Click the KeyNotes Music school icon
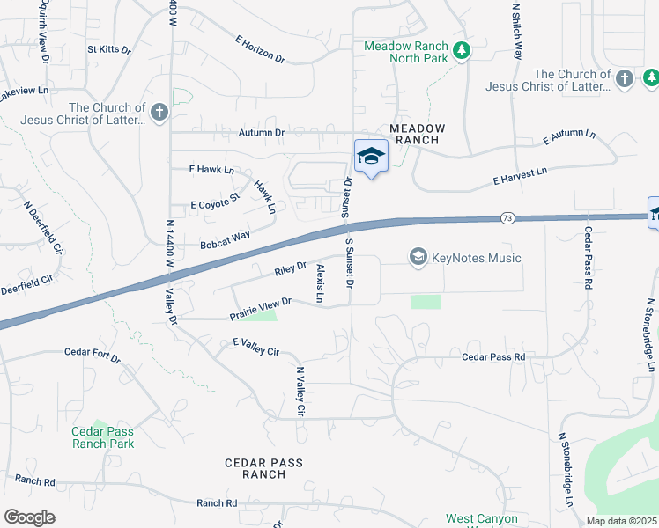pos(418,257)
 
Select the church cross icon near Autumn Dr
pos(159,113)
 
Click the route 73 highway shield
pos(507,217)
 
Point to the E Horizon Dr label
pos(260,49)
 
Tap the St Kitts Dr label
pos(108,49)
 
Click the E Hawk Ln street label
pos(211,169)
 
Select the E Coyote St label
pos(215,203)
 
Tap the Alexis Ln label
pos(320,283)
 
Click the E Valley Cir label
pos(255,346)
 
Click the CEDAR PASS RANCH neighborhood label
pos(263,468)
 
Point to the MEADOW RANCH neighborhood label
pos(418,134)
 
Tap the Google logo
pos(29,517)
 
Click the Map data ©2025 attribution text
pos(621,521)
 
